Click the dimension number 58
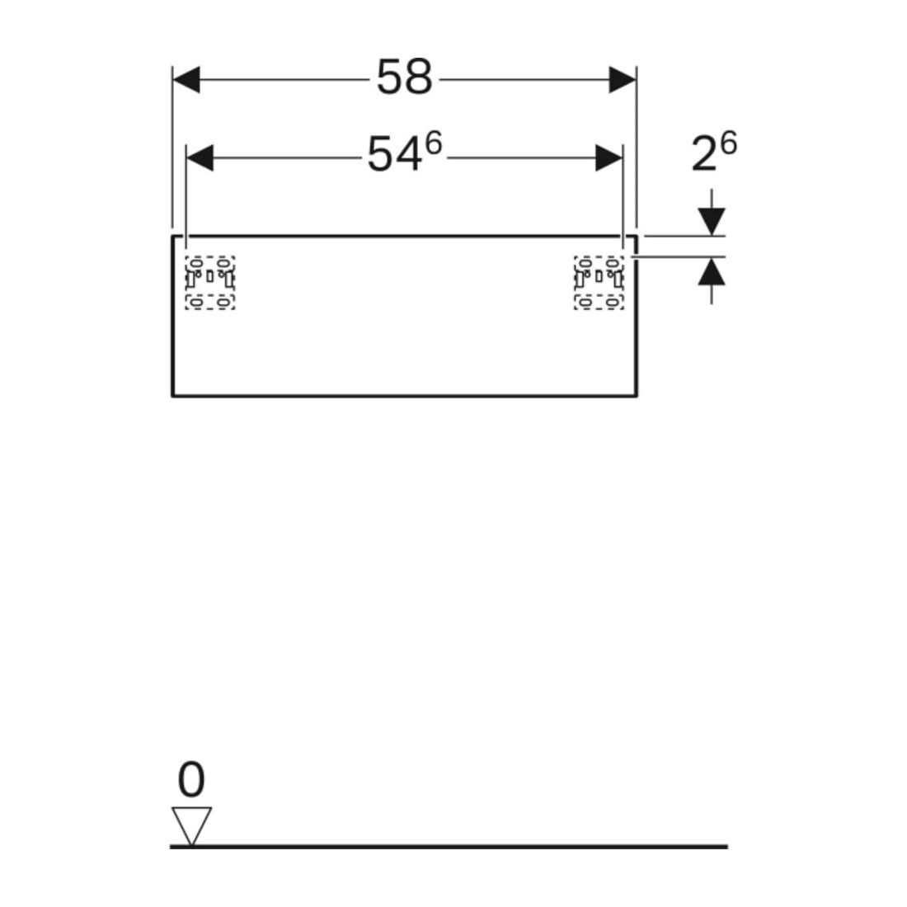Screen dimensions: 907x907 point(404,77)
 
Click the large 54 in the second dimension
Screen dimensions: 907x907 point(394,155)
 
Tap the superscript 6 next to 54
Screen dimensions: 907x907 point(434,143)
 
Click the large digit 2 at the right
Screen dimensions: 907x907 point(704,154)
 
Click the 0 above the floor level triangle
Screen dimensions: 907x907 point(191,780)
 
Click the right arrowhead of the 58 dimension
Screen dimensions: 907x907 point(623,79)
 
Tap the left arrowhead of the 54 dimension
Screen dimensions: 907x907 point(200,158)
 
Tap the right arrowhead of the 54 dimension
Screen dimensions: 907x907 point(609,158)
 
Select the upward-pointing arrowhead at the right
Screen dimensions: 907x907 point(712,270)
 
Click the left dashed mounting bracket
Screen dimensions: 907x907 point(210,283)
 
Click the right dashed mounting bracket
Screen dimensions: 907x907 point(599,283)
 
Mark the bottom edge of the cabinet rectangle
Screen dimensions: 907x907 point(404,397)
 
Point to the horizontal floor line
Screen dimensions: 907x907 point(449,846)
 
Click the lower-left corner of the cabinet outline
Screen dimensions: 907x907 point(172,397)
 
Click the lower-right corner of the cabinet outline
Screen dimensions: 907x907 point(637,397)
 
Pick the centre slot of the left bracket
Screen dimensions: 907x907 point(210,277)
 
